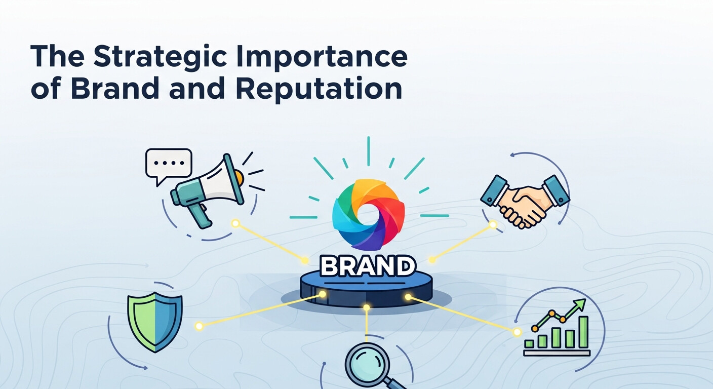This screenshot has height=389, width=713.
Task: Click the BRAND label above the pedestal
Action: pos(368,265)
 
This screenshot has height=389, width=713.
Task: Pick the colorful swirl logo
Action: pos(368,214)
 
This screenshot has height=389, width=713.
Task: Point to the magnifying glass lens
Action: pos(367,361)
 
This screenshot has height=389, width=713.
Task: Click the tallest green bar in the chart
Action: pos(583,332)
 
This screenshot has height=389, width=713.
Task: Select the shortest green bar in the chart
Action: pos(529,343)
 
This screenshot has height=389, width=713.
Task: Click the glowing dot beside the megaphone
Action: pos(235,223)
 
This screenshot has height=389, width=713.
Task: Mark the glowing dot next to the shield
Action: pos(199,326)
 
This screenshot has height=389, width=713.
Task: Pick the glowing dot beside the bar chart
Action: pos(517,332)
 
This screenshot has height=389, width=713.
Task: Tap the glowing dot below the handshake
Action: pos(492,224)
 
